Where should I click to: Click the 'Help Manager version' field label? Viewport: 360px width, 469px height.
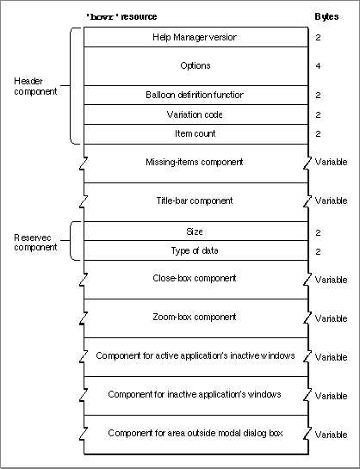pos(195,37)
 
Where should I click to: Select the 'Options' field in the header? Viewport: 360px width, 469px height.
pos(196,65)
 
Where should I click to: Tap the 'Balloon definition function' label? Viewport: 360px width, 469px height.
pos(195,95)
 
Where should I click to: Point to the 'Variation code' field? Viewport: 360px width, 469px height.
pos(195,114)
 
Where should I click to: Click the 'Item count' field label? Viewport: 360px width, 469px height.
pos(196,133)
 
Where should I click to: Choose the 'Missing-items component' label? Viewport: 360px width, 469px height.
pos(195,162)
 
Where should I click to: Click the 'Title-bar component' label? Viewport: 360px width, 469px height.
pos(195,201)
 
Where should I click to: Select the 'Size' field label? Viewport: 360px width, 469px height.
pos(195,231)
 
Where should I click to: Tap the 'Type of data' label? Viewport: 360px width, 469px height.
pos(195,250)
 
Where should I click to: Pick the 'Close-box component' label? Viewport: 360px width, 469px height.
pos(195,278)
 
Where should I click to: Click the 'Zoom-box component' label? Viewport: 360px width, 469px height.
pos(195,317)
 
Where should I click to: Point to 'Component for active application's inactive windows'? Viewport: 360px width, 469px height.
pos(196,355)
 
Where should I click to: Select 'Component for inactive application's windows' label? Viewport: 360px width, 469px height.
pos(195,394)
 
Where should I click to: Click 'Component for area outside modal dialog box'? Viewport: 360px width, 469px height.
pos(196,433)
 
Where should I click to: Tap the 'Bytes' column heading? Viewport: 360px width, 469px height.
pos(326,16)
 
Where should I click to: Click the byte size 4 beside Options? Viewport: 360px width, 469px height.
pos(318,65)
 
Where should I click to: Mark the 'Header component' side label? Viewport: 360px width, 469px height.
pos(35,86)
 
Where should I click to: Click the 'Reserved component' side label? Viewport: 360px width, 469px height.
pos(35,243)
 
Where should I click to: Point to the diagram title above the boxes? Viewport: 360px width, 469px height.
pos(121,16)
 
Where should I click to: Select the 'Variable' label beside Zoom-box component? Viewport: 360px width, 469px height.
pos(332,318)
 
